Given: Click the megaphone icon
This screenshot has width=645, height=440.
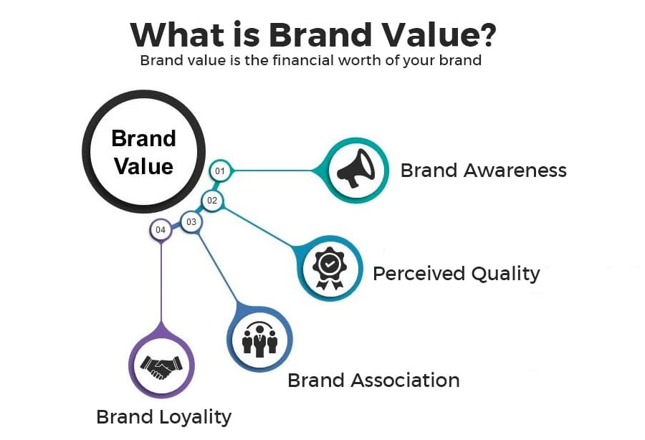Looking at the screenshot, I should pyautogui.click(x=356, y=170).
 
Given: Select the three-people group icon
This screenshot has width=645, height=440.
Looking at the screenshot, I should pyautogui.click(x=259, y=339).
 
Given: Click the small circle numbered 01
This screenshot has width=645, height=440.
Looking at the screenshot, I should pyautogui.click(x=219, y=171).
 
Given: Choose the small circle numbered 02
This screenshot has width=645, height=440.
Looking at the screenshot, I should pyautogui.click(x=212, y=201).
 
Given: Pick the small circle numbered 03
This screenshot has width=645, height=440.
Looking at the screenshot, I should pyautogui.click(x=191, y=222).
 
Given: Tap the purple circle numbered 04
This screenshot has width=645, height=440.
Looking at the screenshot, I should pyautogui.click(x=161, y=230).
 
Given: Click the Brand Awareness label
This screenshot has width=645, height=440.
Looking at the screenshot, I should pyautogui.click(x=483, y=171).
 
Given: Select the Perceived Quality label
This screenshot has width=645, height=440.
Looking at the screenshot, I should pyautogui.click(x=456, y=273).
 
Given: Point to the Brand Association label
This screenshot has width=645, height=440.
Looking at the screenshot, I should pyautogui.click(x=373, y=380).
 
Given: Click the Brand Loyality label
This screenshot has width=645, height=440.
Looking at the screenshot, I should pyautogui.click(x=164, y=416).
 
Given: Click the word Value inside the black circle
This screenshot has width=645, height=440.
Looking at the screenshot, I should pyautogui.click(x=143, y=166).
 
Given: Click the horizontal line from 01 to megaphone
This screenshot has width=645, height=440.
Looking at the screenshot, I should pyautogui.click(x=276, y=171).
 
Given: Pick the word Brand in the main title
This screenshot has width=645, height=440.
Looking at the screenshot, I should pyautogui.click(x=330, y=34).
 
